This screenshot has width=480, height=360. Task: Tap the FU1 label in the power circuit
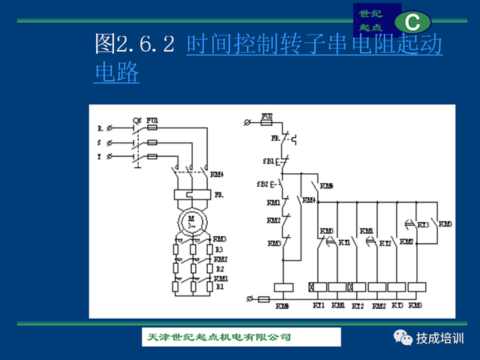point(152,120)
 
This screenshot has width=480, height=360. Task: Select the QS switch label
point(136,120)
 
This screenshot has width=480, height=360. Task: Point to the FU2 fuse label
point(266,116)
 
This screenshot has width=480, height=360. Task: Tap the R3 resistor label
point(219,249)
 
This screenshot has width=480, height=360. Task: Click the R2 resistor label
point(219,268)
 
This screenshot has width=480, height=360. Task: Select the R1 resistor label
point(219,286)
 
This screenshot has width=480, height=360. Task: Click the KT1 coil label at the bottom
point(318,306)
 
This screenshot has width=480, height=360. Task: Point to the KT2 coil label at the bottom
point(358,306)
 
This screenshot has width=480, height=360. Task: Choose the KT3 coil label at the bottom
point(397,306)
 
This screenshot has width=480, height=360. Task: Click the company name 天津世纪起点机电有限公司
point(217,337)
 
